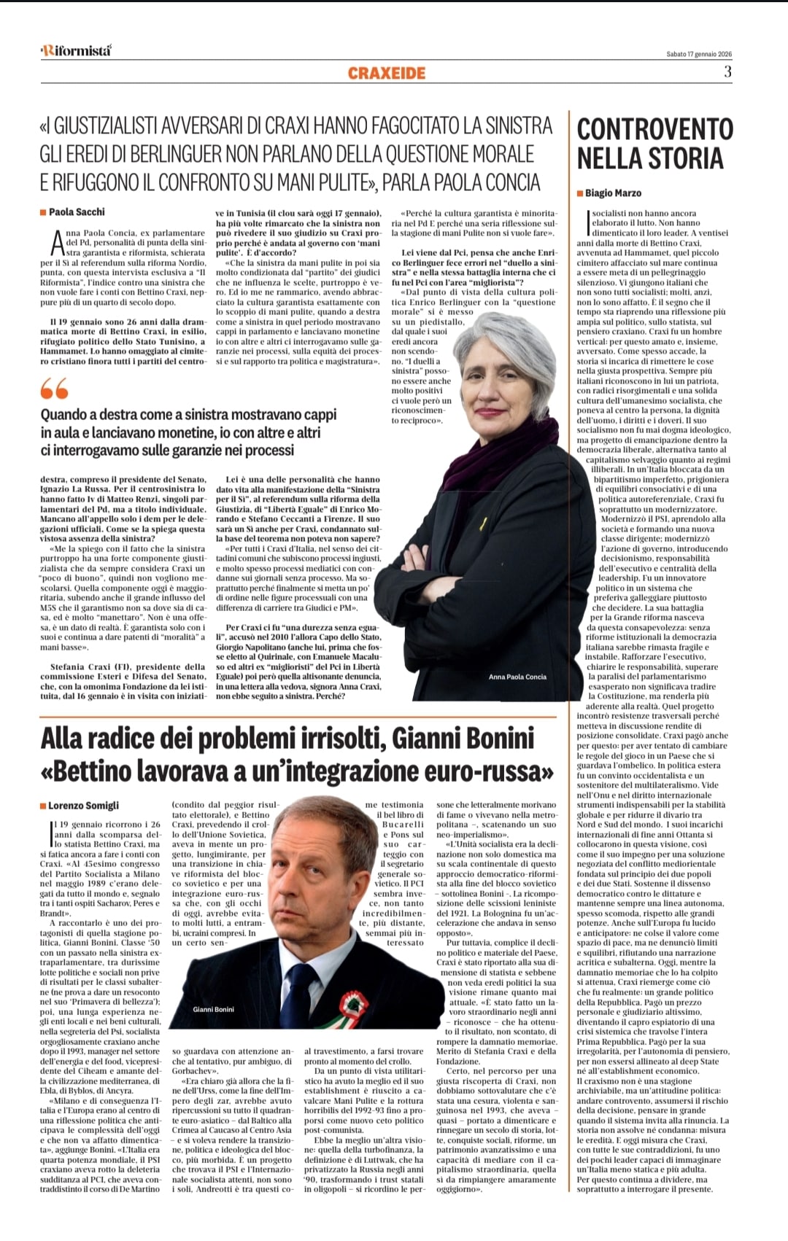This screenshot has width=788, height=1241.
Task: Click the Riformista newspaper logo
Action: (76, 50)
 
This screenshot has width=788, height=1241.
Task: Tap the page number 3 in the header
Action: (727, 71)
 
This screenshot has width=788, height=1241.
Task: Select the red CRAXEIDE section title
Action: (387, 73)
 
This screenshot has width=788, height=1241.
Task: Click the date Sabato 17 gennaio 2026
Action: (699, 54)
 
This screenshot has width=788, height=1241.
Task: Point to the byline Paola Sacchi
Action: (76, 212)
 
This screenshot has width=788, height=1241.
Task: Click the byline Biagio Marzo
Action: (613, 193)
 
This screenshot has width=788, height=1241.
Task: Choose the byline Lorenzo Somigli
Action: (83, 806)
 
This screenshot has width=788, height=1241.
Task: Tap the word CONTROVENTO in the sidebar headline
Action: (654, 129)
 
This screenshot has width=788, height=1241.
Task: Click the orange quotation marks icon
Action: (54, 389)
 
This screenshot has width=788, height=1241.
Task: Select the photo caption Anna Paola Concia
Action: (517, 677)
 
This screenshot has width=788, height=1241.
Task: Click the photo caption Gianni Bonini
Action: (213, 1009)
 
